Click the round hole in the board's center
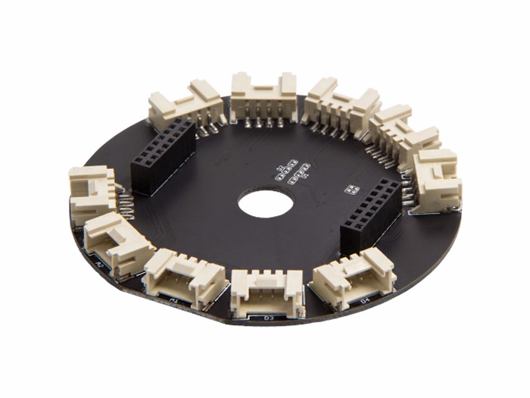(262, 203)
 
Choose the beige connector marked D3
(267, 292)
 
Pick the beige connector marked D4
(353, 277)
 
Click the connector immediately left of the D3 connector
(184, 277)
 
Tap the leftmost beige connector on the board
(92, 193)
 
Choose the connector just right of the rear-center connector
(341, 106)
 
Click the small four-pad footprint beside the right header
(351, 188)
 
